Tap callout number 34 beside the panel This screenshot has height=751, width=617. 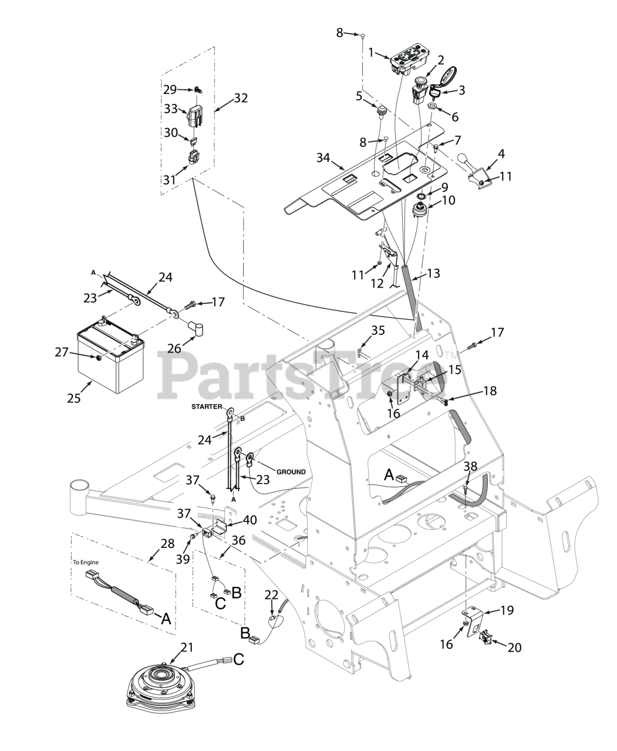coord(322,158)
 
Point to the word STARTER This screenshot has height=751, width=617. coord(206,406)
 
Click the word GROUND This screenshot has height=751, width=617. coord(291,455)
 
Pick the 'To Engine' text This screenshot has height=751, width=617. coord(86,562)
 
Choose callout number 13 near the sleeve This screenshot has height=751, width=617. coord(433,273)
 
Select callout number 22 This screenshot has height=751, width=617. coord(271,595)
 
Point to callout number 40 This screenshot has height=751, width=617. coord(251,519)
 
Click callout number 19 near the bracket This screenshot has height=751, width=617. coord(507,610)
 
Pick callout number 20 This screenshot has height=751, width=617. coord(514,647)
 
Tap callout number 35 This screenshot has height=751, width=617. coord(378,330)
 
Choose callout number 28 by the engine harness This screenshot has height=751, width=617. coord(168,543)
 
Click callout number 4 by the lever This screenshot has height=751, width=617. coord(501,154)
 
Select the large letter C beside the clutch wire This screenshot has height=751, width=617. coord(238,659)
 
